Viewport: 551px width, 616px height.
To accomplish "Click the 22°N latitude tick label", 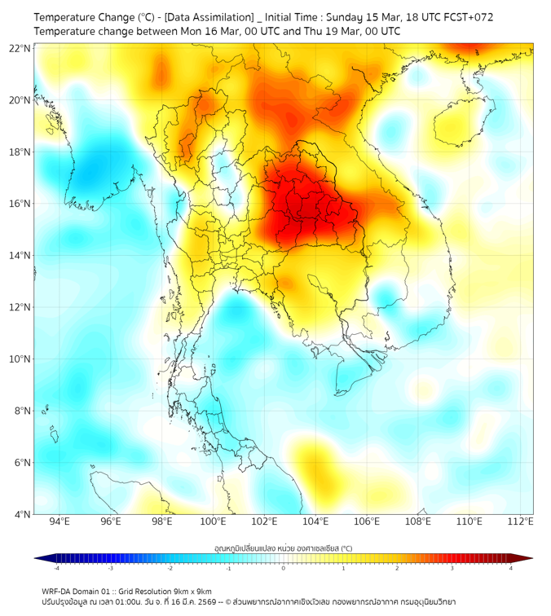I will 20,48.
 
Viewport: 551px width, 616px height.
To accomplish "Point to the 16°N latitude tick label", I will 20,204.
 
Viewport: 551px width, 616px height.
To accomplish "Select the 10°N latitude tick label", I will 20,359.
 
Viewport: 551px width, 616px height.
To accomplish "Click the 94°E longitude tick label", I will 60,521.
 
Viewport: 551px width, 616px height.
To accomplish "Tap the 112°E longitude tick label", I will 521,521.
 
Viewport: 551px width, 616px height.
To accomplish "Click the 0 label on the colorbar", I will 284,568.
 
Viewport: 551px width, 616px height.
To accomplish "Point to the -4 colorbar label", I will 55,568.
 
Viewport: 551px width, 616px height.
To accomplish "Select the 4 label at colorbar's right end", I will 510,568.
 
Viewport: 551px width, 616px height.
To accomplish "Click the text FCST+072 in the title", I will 469,17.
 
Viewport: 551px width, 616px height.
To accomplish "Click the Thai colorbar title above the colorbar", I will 283,548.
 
